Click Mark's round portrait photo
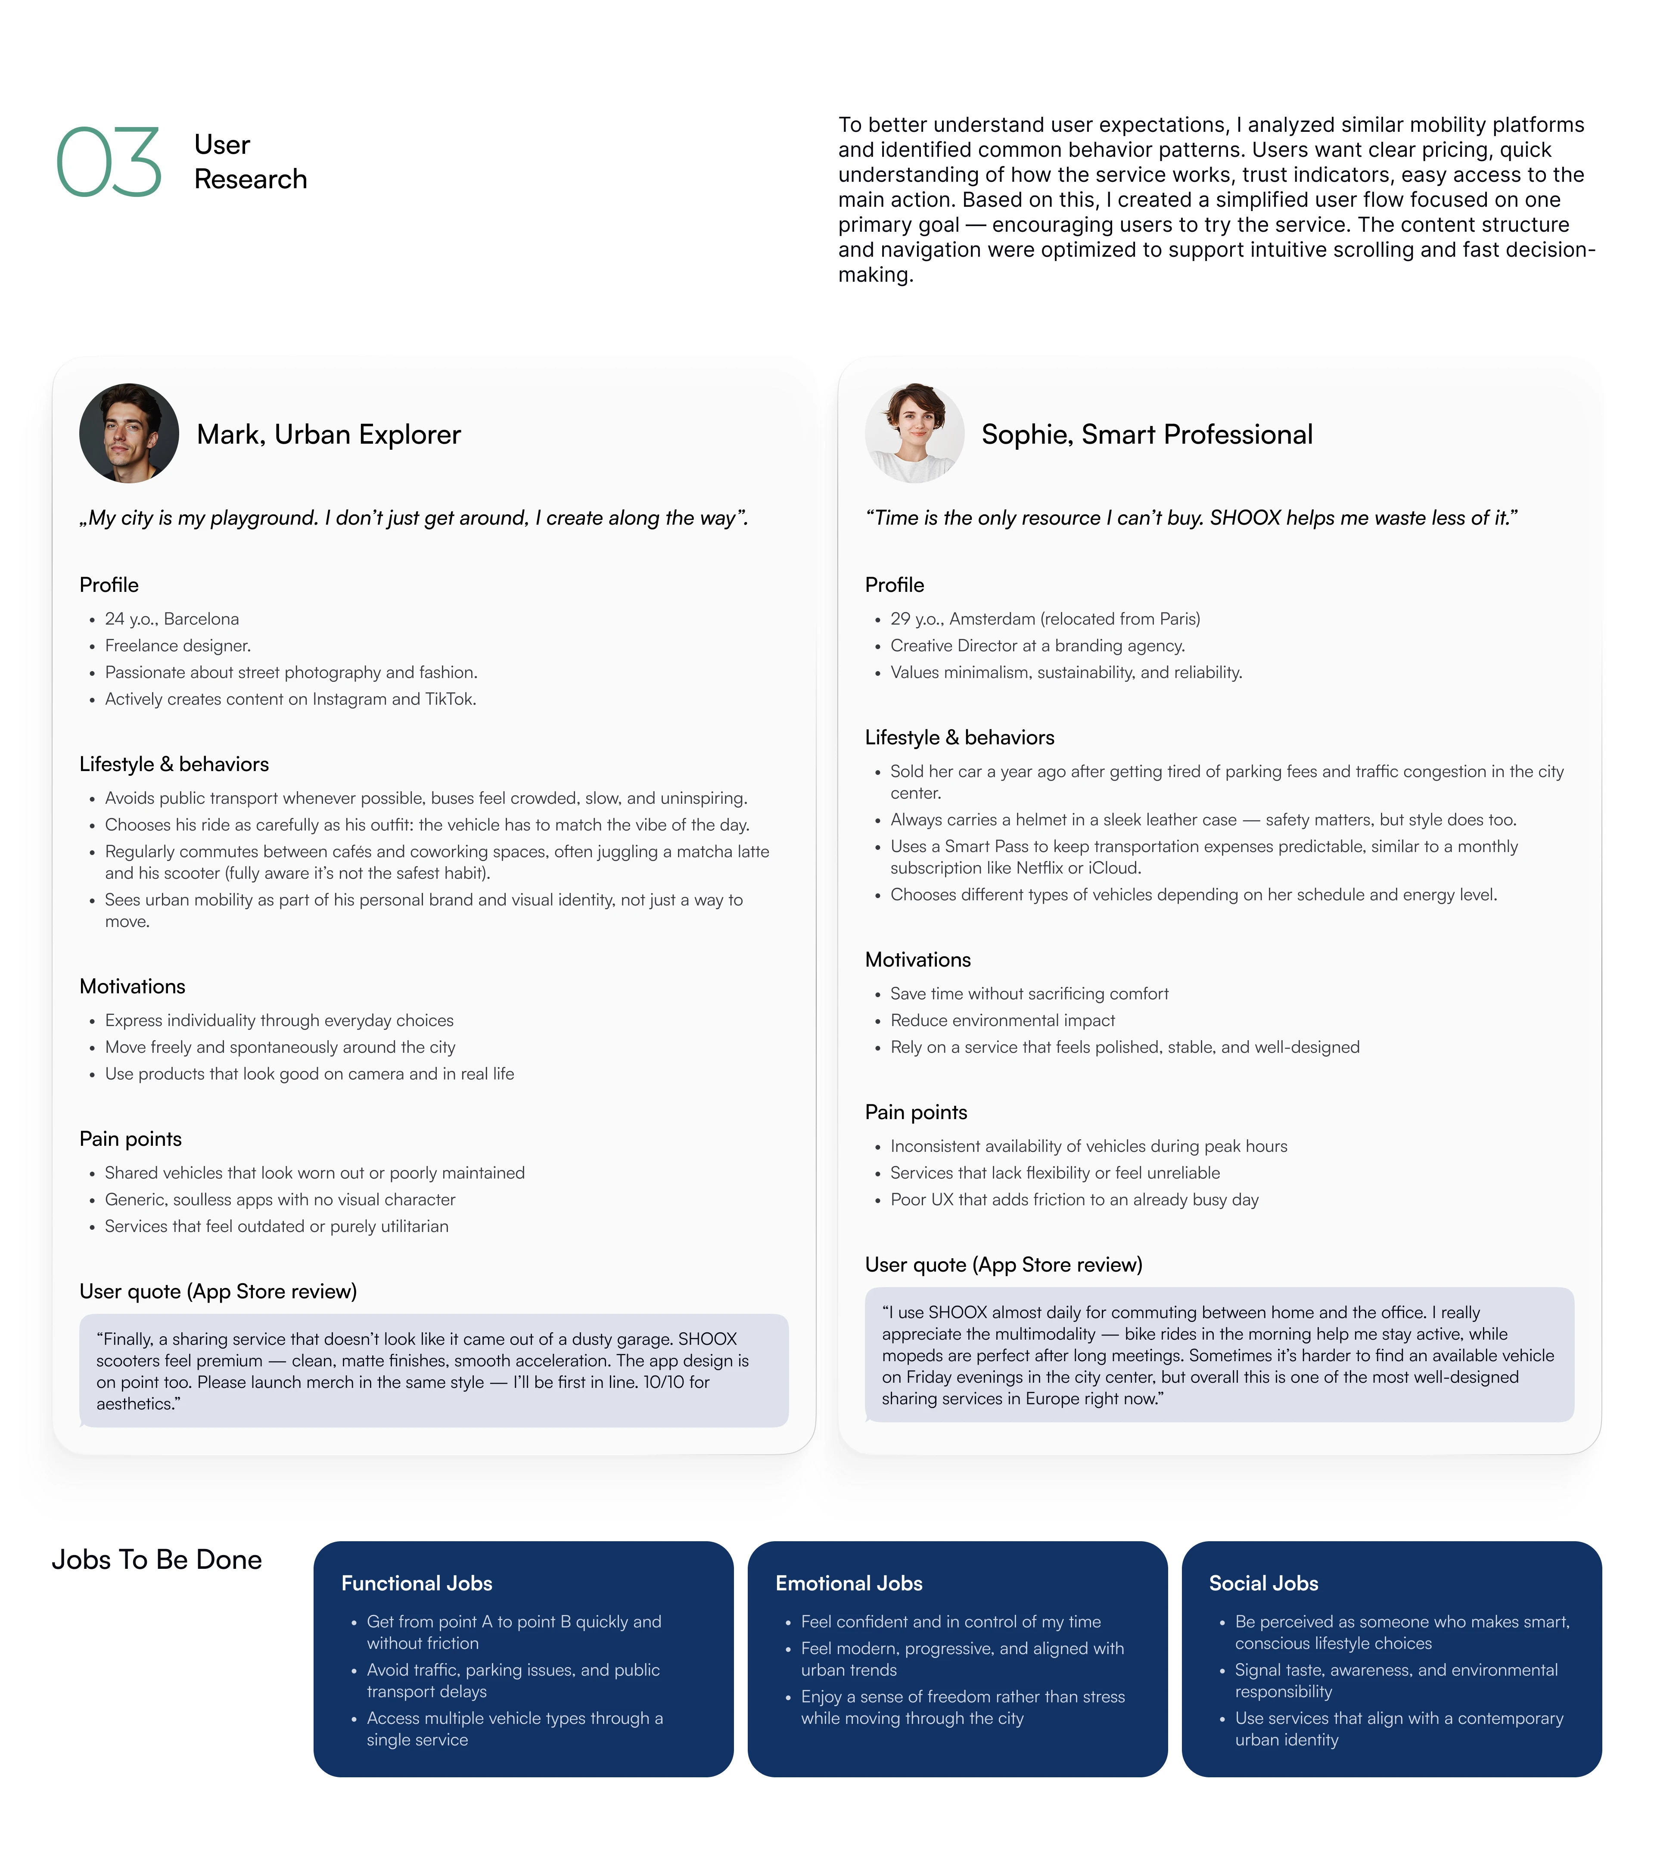point(129,433)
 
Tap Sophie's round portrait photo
point(914,433)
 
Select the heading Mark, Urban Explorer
point(329,435)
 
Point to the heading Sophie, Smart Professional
point(1146,435)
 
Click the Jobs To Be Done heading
point(156,1560)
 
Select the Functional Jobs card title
point(417,1583)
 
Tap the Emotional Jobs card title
point(849,1583)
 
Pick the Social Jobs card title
point(1264,1583)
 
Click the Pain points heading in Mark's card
point(130,1139)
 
